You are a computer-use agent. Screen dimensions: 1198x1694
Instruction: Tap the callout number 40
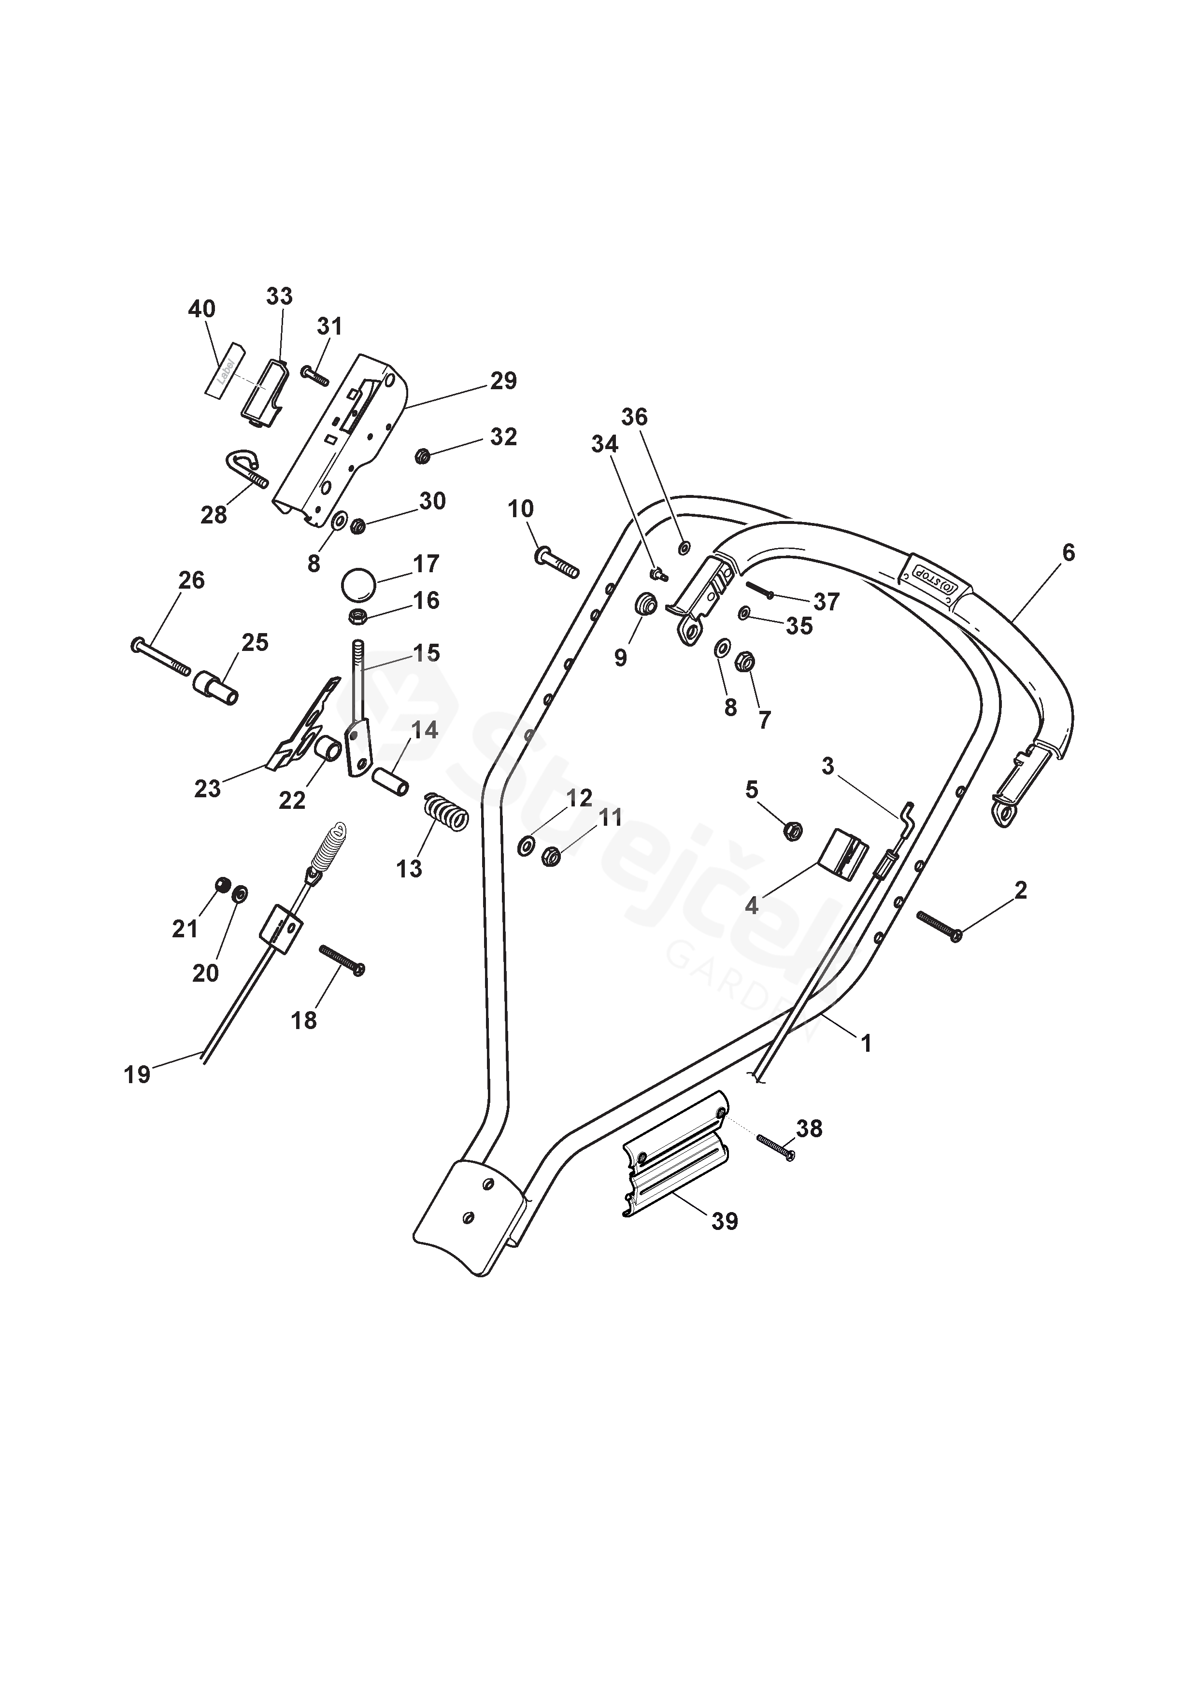coord(201,309)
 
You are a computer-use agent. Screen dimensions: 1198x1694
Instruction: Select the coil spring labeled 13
coord(446,812)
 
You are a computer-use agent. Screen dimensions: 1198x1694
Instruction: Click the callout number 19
coord(137,1074)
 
